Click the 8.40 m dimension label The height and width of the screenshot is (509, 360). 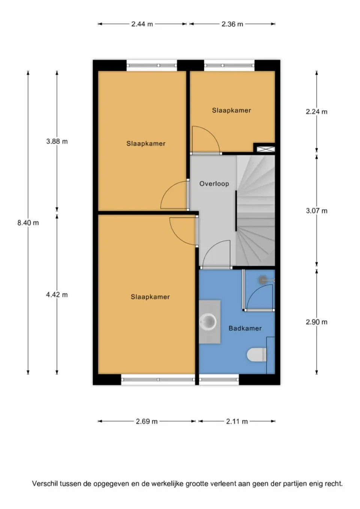tap(28, 223)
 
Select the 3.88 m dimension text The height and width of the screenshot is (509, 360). tap(57, 141)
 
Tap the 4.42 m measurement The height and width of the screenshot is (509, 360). tap(57, 295)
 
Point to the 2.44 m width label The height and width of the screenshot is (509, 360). tap(142, 24)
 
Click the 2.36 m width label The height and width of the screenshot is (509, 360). tap(232, 24)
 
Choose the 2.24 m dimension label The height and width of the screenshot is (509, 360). tap(316, 112)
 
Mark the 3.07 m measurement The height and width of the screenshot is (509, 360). tap(316, 211)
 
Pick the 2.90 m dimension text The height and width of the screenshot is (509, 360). tap(316, 322)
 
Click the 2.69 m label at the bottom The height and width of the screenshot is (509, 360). tap(147, 421)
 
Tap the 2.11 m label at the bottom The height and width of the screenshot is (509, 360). tap(237, 421)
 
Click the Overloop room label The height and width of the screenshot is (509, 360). tap(214, 184)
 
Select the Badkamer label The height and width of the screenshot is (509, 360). tap(245, 328)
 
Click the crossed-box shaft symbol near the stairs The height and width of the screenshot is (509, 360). tap(265, 149)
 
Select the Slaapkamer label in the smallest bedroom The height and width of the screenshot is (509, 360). tap(231, 110)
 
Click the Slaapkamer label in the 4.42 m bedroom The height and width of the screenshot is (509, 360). tap(150, 297)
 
